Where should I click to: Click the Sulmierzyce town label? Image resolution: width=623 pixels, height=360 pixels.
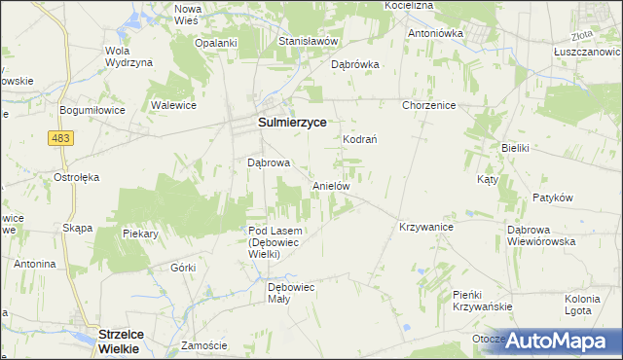tap(291, 124)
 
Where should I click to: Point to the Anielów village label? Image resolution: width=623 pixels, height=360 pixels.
tap(331, 185)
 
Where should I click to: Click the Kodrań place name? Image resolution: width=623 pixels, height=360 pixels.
tap(360, 139)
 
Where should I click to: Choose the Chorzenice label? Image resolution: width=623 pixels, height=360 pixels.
tap(429, 105)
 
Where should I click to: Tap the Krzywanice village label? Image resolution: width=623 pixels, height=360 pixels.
tap(426, 226)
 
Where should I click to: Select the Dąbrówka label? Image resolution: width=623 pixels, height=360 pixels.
tap(355, 65)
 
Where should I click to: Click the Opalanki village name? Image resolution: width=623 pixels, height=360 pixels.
tap(216, 43)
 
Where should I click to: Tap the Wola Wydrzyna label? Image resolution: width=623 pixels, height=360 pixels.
tap(128, 56)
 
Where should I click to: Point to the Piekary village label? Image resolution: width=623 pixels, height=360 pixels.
tap(140, 234)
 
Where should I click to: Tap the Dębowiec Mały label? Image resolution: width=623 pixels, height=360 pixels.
tap(293, 293)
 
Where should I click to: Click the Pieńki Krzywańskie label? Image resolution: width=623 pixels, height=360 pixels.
tap(482, 300)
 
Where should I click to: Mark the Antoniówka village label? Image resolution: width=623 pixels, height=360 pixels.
tap(436, 32)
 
